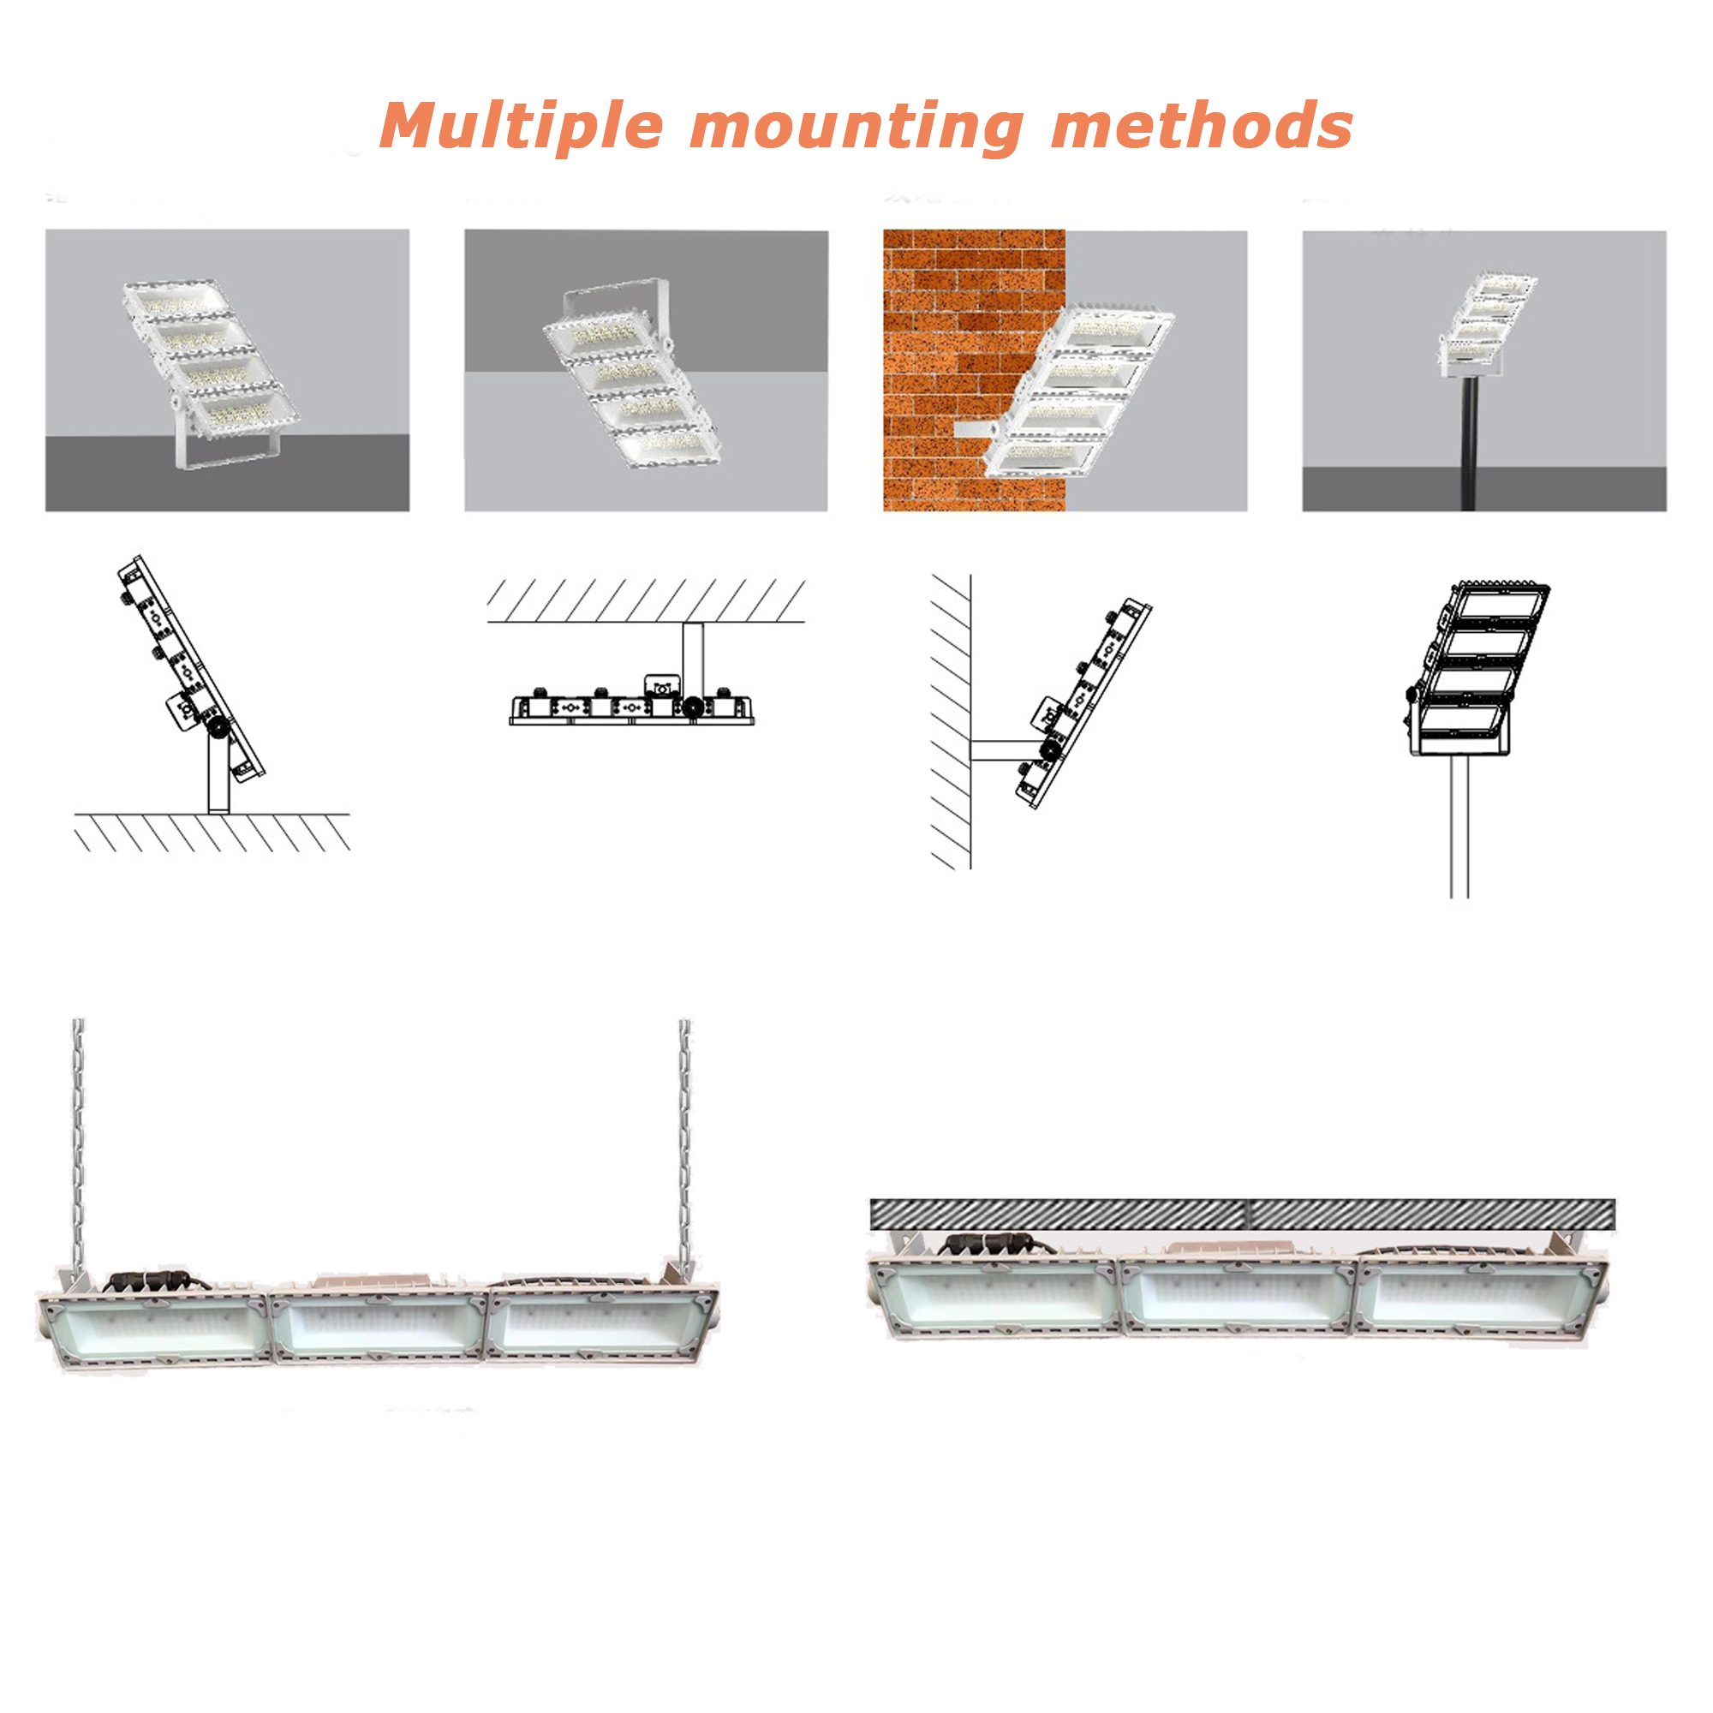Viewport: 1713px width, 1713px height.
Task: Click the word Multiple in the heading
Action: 522,127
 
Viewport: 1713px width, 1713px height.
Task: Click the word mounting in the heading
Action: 856,127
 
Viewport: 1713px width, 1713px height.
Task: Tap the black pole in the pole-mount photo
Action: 1468,444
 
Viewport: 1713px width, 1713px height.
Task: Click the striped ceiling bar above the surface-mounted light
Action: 1242,1215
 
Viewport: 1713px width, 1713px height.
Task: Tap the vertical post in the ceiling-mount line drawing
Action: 692,660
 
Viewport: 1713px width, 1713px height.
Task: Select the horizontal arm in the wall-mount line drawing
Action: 1007,751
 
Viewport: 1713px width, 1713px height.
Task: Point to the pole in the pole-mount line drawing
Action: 1459,827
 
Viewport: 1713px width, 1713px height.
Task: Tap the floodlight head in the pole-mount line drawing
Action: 1478,669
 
